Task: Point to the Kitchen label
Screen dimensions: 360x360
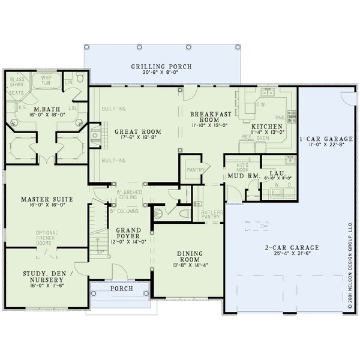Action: pos(262,128)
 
